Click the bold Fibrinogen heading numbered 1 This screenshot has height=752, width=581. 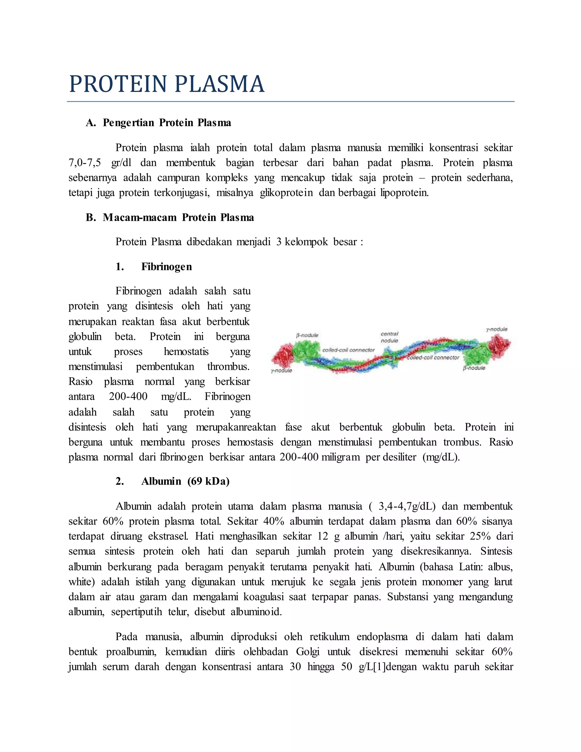[167, 267]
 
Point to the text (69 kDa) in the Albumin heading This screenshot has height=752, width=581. [208, 481]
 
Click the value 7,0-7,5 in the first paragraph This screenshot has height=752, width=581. [85, 163]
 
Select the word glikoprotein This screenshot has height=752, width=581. [286, 193]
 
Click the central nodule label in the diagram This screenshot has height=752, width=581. [389, 337]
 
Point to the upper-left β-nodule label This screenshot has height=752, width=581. [307, 335]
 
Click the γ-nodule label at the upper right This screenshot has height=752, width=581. [497, 329]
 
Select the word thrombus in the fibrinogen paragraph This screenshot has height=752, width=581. [228, 366]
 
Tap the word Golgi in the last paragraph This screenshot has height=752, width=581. [307, 652]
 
